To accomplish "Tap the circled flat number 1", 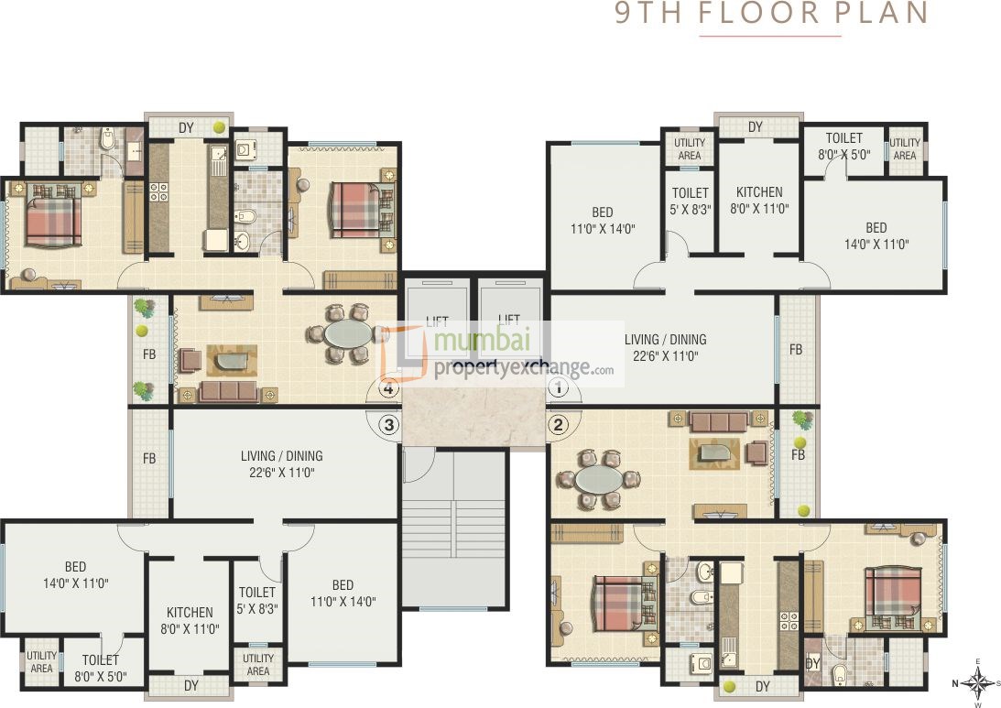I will (x=559, y=388).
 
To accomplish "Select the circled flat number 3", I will (x=389, y=425).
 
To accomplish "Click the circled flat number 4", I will (x=389, y=389).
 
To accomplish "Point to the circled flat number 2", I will (x=559, y=424).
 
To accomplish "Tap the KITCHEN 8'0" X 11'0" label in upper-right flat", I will (x=759, y=201).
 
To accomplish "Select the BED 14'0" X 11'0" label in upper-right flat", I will (x=876, y=235).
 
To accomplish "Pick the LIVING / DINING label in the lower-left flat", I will (x=281, y=464).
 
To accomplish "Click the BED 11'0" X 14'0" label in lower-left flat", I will (x=343, y=594).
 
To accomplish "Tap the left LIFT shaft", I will (x=437, y=321).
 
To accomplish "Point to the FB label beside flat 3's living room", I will (x=148, y=458).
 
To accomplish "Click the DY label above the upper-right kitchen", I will (x=755, y=127).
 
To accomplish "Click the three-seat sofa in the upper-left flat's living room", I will (x=230, y=392).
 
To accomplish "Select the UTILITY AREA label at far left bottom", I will (x=41, y=662).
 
